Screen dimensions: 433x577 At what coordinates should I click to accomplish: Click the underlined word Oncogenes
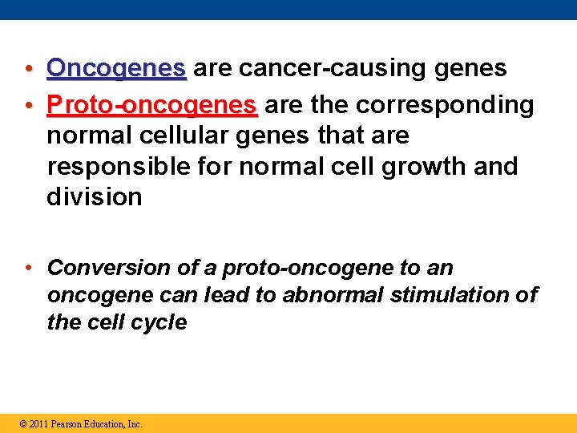click(116, 69)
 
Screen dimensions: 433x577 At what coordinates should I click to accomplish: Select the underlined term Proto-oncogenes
click(152, 105)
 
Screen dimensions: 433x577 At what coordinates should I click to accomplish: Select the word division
click(95, 197)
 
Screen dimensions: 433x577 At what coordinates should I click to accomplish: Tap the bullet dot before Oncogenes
click(28, 70)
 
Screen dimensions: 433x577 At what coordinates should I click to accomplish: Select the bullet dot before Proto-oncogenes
click(28, 106)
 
